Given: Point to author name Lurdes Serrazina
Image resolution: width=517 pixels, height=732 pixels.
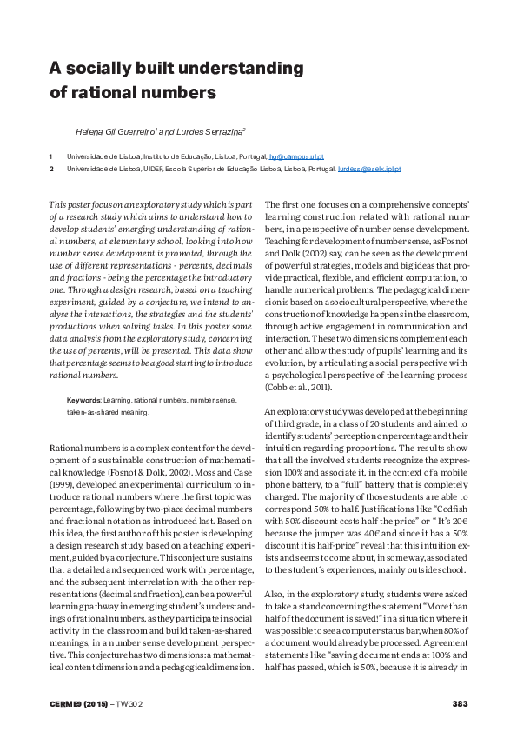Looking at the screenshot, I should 214,131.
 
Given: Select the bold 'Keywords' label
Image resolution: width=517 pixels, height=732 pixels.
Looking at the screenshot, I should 83,400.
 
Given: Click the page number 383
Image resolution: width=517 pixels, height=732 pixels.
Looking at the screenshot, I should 461,702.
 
